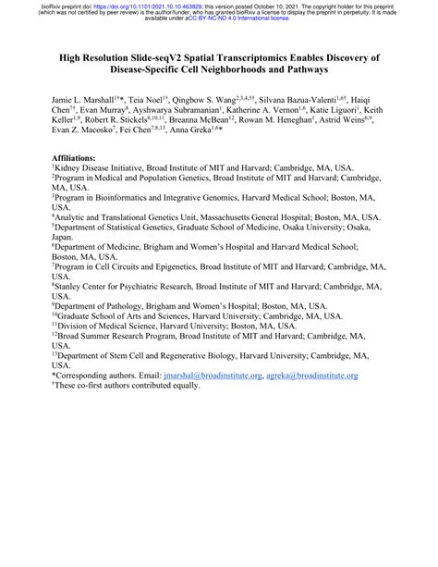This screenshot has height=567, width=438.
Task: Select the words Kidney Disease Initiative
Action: (x=100, y=169)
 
